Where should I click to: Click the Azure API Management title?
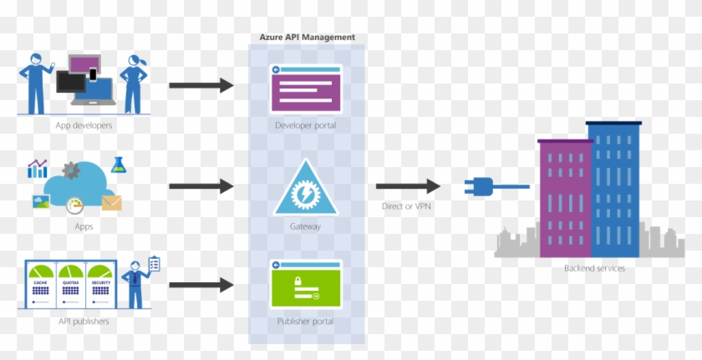tap(307, 38)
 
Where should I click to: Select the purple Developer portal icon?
tap(306, 88)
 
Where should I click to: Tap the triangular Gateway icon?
tap(306, 188)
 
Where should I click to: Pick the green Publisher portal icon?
tap(306, 285)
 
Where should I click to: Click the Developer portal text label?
tap(306, 126)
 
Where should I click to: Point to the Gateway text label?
tap(306, 226)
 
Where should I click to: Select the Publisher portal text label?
tap(306, 321)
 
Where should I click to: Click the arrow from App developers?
tap(201, 85)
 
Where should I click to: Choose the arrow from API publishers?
tap(201, 285)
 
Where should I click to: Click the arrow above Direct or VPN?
tap(408, 187)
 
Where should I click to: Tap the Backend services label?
tap(594, 268)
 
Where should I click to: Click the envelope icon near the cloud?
tap(111, 201)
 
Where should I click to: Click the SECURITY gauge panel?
tap(100, 284)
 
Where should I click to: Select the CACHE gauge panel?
tap(41, 284)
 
